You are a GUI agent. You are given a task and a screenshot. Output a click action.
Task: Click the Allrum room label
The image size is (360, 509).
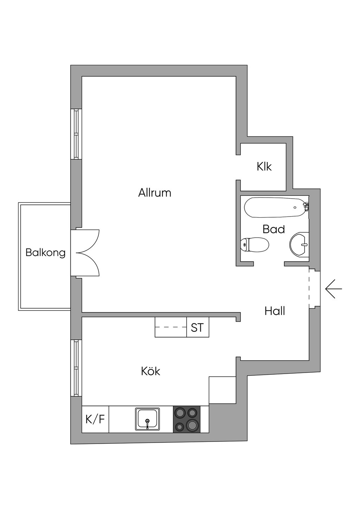155,193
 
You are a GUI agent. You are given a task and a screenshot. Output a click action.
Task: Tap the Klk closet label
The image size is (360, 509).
264,166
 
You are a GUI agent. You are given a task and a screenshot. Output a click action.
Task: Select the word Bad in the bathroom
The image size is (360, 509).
274,229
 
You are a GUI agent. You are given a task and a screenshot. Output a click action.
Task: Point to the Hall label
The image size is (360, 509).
275,311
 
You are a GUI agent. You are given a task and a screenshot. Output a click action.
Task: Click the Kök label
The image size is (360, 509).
150,371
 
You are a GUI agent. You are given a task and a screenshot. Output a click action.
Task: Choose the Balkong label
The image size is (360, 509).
45,252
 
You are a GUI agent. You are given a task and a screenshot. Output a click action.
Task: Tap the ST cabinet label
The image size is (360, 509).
197,328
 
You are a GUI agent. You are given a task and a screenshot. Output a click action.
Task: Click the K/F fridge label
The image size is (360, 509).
95,419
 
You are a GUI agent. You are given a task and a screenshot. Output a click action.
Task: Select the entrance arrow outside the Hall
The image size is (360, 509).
333,289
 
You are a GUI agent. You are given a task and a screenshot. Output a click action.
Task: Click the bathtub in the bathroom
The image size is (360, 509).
274,208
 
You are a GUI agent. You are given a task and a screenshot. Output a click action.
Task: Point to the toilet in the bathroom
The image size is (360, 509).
255,244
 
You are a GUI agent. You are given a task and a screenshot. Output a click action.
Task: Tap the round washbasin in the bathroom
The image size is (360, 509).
299,244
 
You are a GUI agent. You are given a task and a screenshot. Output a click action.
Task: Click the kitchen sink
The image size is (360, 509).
147,419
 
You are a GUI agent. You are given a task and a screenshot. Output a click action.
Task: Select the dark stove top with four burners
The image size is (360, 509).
187,419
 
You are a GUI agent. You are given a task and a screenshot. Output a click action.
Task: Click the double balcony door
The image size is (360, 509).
85,252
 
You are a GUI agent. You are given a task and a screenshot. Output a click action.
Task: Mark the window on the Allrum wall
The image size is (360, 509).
76,134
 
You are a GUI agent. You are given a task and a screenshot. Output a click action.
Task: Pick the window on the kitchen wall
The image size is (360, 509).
76,368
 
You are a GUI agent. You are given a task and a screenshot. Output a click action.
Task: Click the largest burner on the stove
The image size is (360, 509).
192,425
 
